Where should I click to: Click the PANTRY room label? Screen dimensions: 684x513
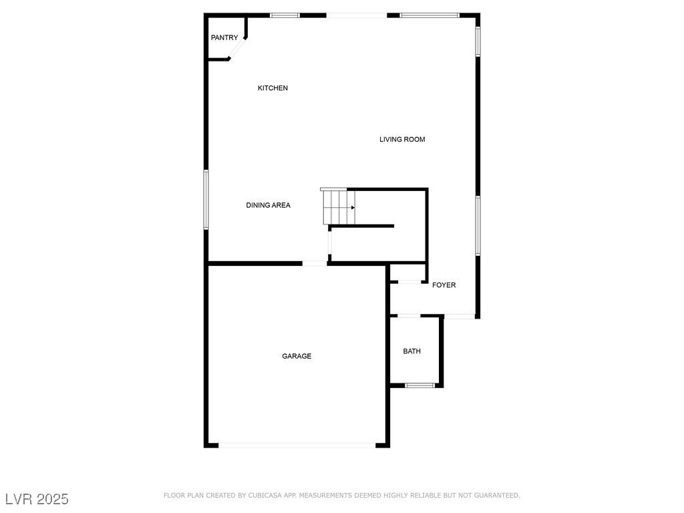[x=224, y=37]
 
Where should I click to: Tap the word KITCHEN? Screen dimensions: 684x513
[x=273, y=88]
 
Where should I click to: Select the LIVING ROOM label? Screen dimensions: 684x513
[x=402, y=139]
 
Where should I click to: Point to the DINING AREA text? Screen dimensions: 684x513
[x=268, y=205]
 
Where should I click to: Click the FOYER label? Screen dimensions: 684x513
[x=444, y=285]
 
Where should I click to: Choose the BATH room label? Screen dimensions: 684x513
[x=411, y=351]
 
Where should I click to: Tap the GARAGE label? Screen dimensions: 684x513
[x=297, y=356]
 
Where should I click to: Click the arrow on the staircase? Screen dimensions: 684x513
[x=353, y=208]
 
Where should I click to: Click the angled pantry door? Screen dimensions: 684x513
[x=237, y=48]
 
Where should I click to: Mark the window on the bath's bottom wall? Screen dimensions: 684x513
[x=419, y=385]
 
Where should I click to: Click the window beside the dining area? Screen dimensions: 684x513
[x=206, y=199]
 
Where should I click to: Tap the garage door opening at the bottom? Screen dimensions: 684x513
[x=297, y=445]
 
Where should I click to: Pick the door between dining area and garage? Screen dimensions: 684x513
[x=315, y=263]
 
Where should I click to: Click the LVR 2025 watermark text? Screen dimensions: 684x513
[x=37, y=499]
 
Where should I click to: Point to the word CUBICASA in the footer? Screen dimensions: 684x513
[x=265, y=496]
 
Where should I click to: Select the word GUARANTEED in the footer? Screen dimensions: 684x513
[x=497, y=496]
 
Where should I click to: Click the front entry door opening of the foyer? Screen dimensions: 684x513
[x=460, y=316]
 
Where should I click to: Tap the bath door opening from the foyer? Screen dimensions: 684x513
[x=409, y=315]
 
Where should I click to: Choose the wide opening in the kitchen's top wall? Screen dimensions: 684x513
[x=357, y=15]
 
